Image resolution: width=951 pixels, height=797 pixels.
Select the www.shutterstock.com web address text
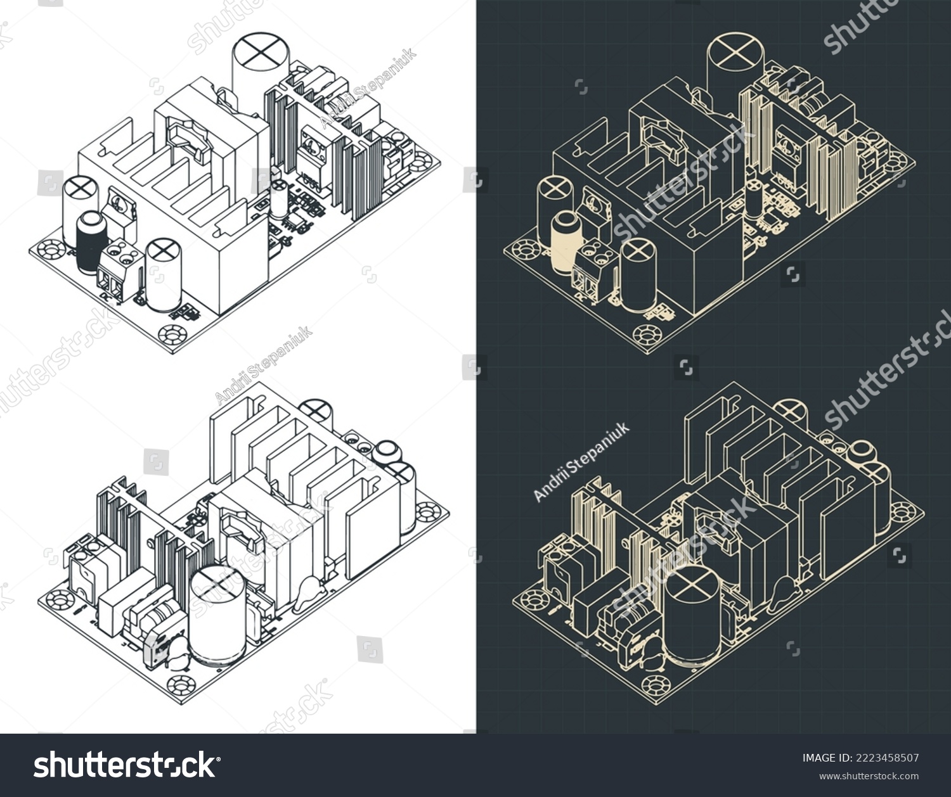pyautogui.click(x=869, y=776)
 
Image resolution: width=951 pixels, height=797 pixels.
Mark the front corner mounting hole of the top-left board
pyautogui.click(x=171, y=333)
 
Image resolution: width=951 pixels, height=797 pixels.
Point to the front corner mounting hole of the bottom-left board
pyautogui.click(x=179, y=685)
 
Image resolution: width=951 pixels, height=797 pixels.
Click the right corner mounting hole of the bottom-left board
pyautogui.click(x=427, y=509)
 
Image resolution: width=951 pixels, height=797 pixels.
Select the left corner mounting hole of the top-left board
pyautogui.click(x=51, y=250)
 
